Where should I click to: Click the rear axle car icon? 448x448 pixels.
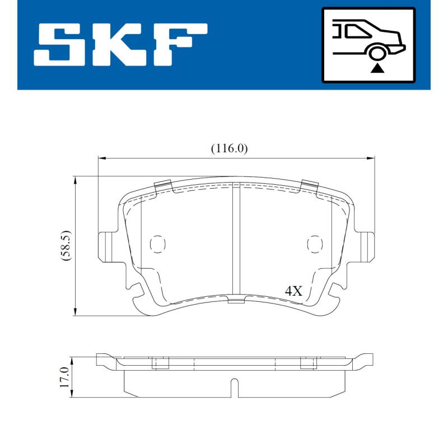[x=368, y=44]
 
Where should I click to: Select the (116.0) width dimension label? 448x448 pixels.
[x=229, y=148]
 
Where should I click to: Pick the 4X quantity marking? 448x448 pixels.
[x=293, y=291]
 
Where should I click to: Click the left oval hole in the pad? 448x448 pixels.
[x=158, y=244]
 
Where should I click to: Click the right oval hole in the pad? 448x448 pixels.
[x=315, y=244]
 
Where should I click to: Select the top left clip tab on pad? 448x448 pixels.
[x=162, y=185]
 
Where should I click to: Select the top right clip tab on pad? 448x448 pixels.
[x=310, y=185]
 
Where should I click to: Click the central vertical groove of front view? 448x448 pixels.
[x=236, y=241]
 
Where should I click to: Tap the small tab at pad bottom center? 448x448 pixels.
[x=236, y=301]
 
